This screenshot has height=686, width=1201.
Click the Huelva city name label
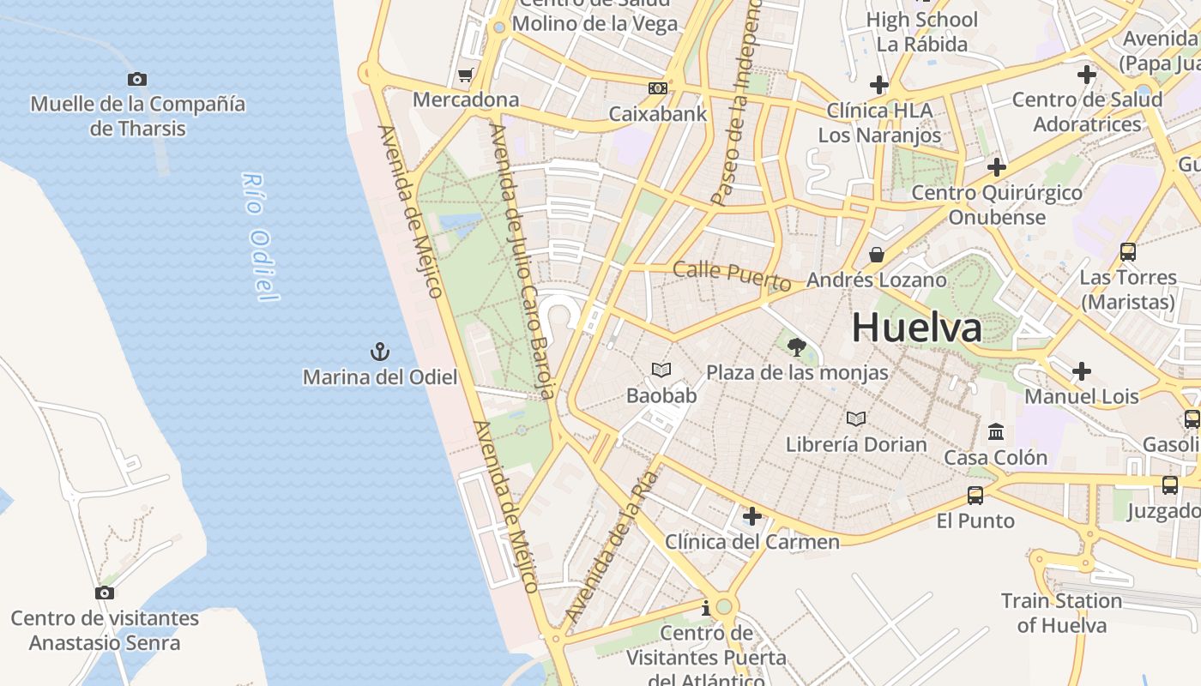pyautogui.click(x=916, y=328)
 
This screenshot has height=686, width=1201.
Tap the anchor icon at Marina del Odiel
pyautogui.click(x=379, y=351)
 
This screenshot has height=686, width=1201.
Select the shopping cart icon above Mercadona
pyautogui.click(x=465, y=75)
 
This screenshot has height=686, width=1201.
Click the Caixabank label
pyautogui.click(x=658, y=113)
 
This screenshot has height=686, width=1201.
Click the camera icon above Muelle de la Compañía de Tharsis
pyautogui.click(x=137, y=80)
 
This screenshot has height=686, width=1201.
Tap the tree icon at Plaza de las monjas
pyautogui.click(x=797, y=347)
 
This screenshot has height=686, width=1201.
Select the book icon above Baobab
pyautogui.click(x=661, y=370)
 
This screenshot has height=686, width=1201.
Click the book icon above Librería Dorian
pyautogui.click(x=855, y=418)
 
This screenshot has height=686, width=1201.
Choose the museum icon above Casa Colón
pyautogui.click(x=996, y=431)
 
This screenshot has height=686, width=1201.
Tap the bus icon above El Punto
pyautogui.click(x=975, y=495)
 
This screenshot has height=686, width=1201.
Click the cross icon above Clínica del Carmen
pyautogui.click(x=751, y=516)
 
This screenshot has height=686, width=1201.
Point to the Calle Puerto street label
pyautogui.click(x=732, y=274)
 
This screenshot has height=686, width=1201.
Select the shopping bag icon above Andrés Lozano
pyautogui.click(x=877, y=255)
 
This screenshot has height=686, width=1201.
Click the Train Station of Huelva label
pyautogui.click(x=1062, y=612)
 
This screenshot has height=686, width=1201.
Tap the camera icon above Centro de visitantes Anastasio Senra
pyautogui.click(x=105, y=593)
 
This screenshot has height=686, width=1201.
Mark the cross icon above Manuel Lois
pyautogui.click(x=1082, y=371)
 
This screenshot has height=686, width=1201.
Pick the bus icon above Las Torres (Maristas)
pyautogui.click(x=1128, y=252)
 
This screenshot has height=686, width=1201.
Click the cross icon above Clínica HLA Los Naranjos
pyautogui.click(x=878, y=85)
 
